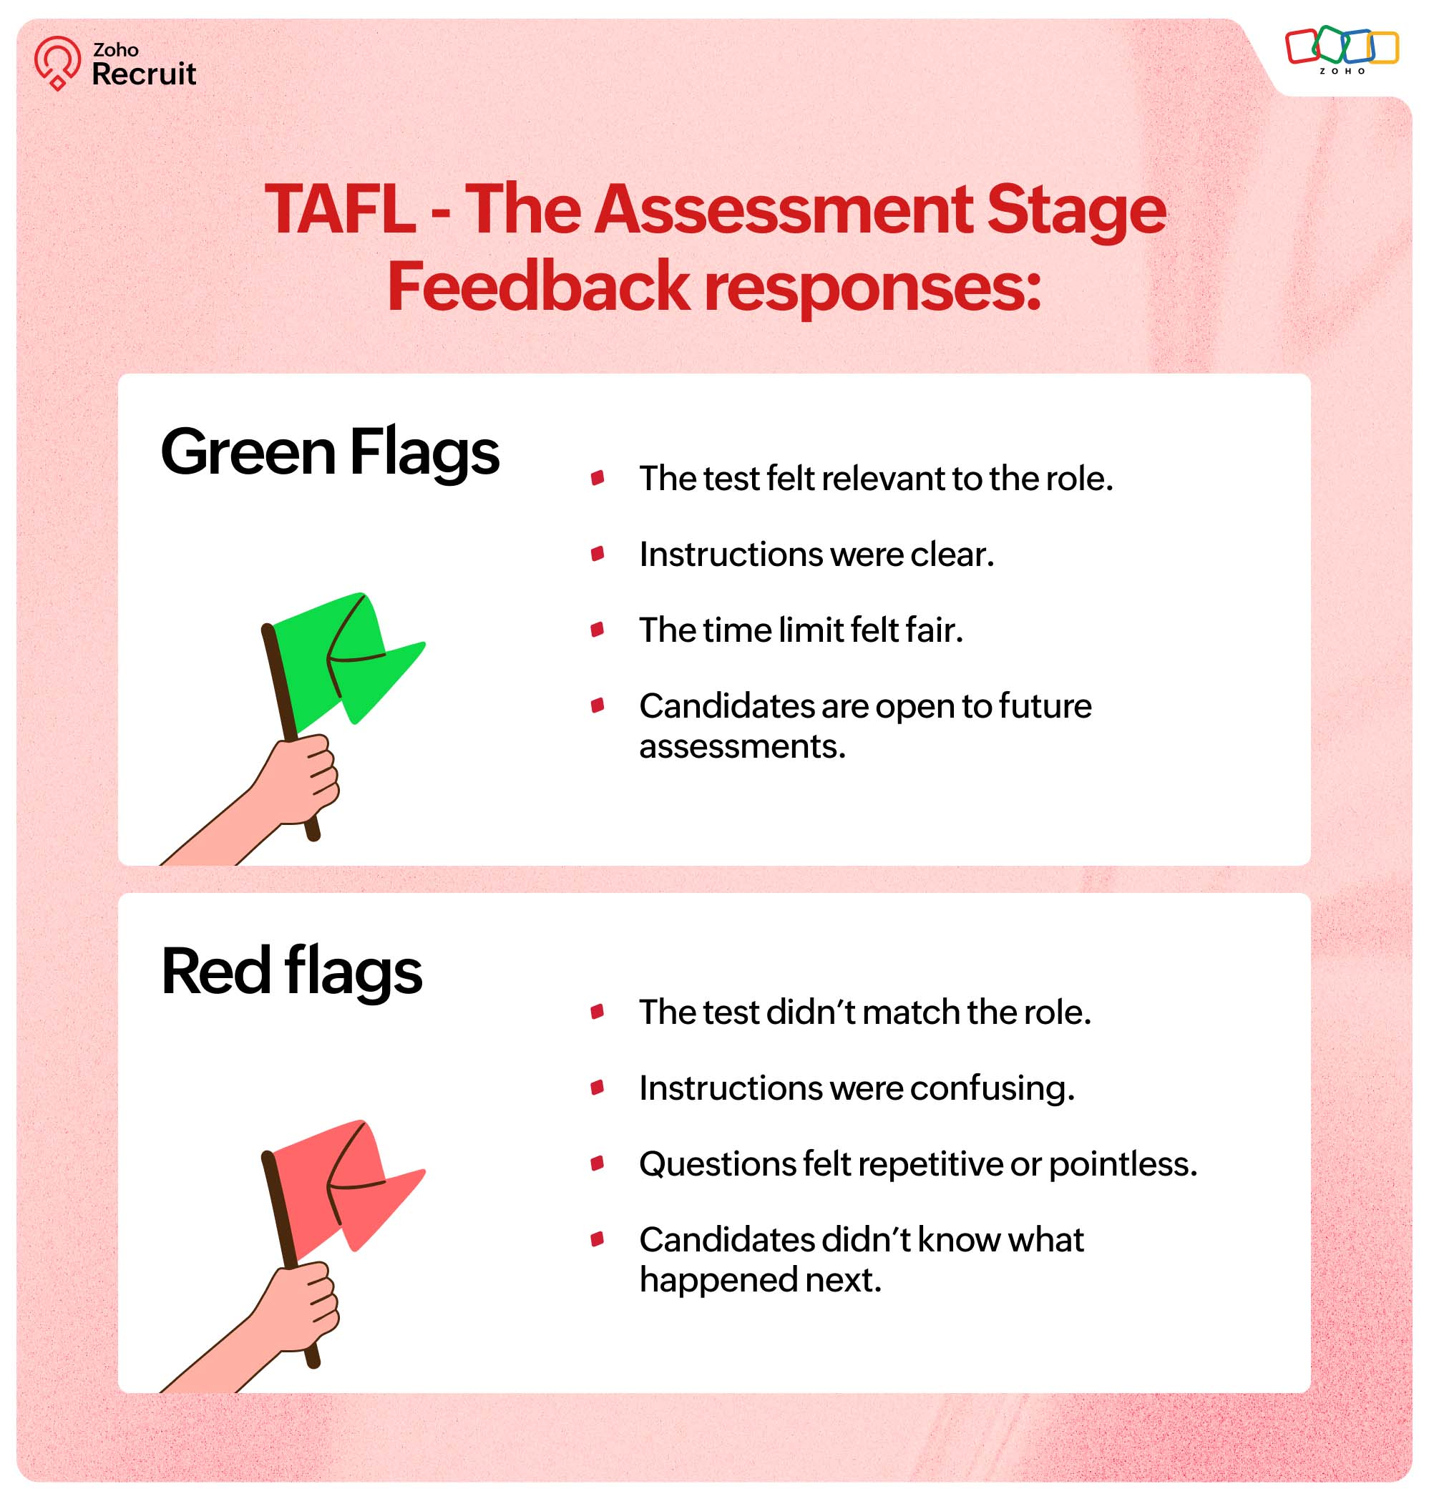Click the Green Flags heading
330,451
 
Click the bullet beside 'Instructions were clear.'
598,554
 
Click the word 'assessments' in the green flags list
743,746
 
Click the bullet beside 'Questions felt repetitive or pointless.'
598,1164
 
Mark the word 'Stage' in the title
1076,210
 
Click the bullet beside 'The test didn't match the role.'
598,1012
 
